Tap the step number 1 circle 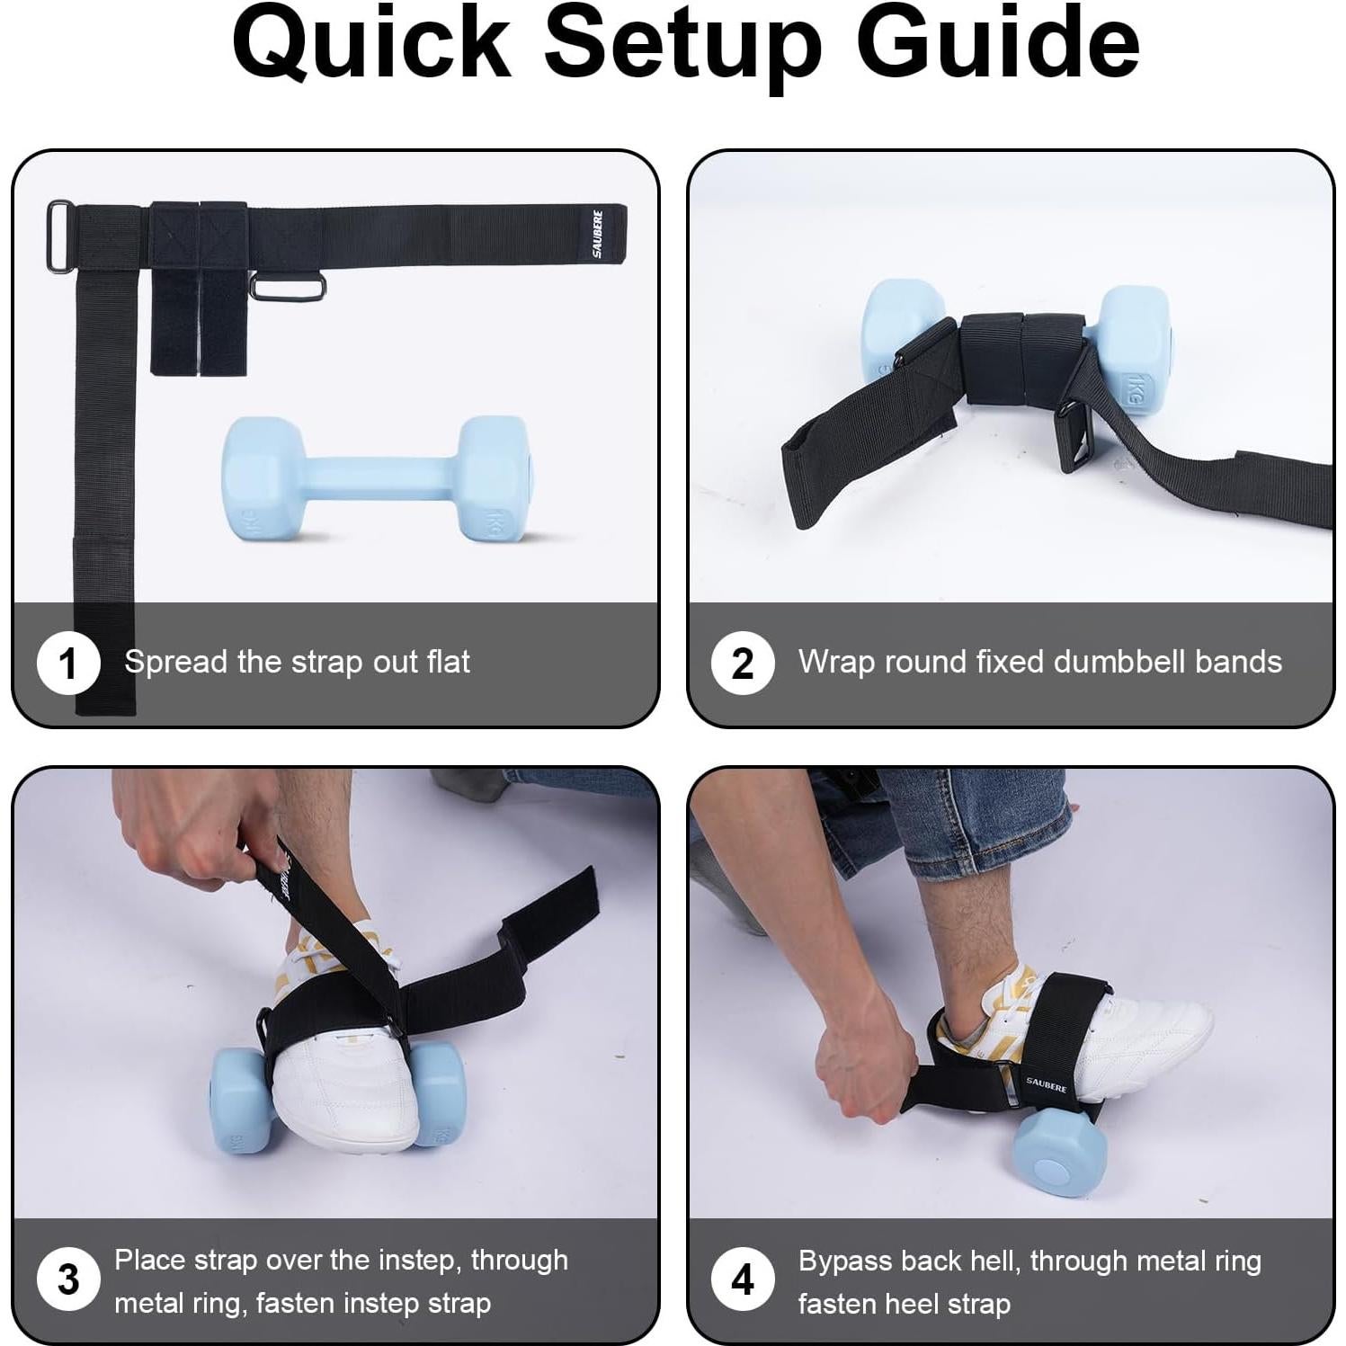tap(67, 664)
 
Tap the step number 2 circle tap(742, 664)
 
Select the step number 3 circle tap(67, 1279)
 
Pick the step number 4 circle tap(742, 1279)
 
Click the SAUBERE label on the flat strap tap(598, 234)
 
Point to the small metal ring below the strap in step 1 tap(288, 289)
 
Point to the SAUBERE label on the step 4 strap tap(1046, 1083)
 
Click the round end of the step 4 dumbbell tap(1052, 1170)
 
